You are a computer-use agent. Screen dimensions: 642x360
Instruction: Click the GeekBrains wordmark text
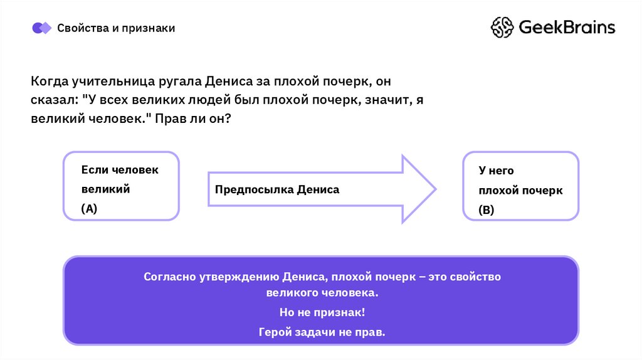tap(567, 28)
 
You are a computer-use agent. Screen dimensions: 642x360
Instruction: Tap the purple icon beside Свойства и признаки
tap(41, 28)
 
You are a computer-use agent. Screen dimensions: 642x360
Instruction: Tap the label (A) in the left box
tap(89, 209)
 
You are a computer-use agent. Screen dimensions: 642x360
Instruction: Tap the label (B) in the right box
tap(487, 211)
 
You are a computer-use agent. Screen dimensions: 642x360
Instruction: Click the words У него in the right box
tap(496, 170)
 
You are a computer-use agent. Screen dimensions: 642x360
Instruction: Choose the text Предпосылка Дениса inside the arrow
tap(277, 189)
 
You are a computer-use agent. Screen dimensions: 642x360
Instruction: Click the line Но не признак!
tap(321, 312)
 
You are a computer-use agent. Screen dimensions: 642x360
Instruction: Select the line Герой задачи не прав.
tap(321, 332)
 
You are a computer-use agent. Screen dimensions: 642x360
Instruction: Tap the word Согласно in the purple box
tap(168, 277)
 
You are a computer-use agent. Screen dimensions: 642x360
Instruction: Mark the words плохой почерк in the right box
tap(520, 191)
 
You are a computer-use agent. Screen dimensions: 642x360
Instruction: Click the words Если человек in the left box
tap(120, 170)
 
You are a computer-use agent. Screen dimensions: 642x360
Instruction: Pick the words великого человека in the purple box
tap(321, 293)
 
